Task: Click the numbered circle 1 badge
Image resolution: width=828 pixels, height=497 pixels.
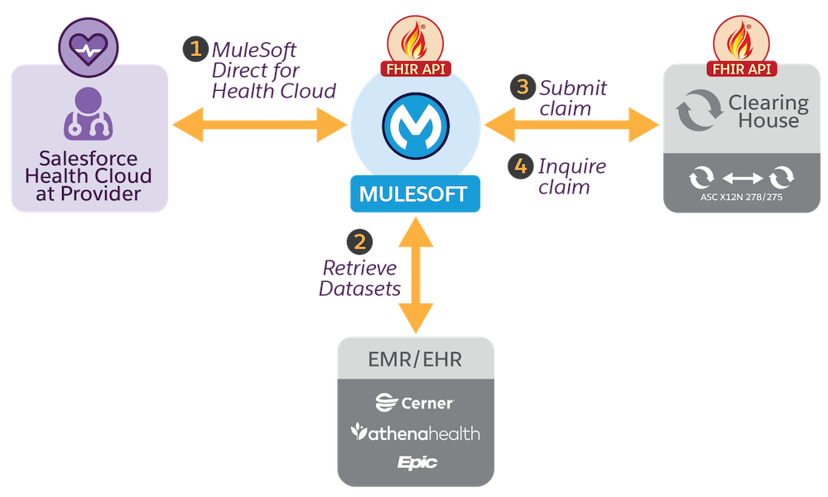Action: [195, 49]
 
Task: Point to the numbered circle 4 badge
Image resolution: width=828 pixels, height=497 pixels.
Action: [520, 166]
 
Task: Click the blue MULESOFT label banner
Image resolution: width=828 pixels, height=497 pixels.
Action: [414, 194]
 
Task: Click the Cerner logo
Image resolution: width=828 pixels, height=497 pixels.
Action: [414, 403]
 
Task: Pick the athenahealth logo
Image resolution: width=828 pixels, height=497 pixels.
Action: [415, 432]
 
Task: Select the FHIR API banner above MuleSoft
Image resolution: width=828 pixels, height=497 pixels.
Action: [414, 69]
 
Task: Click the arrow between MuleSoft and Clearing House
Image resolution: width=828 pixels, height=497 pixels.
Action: [572, 126]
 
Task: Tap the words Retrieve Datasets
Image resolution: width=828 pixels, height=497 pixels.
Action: [360, 279]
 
